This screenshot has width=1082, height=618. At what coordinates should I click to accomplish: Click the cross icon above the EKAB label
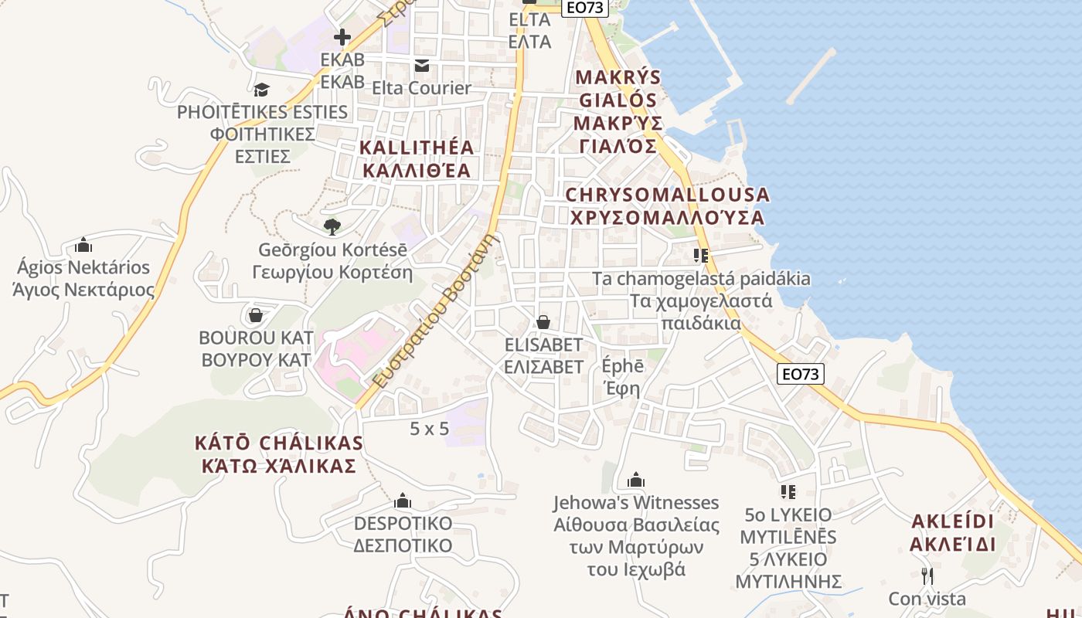tap(342, 36)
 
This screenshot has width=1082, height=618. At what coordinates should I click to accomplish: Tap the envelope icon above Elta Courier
tap(421, 66)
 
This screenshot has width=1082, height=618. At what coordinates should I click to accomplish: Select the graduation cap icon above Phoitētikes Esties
tap(261, 90)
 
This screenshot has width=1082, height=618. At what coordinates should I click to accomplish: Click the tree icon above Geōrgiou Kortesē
tap(332, 226)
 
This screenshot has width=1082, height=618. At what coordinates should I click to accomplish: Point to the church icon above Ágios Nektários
tap(83, 246)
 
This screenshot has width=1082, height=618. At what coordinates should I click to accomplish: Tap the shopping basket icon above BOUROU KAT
tap(256, 315)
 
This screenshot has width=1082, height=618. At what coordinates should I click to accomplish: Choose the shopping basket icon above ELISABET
tap(543, 321)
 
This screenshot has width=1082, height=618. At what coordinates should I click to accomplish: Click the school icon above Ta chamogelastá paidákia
tap(701, 255)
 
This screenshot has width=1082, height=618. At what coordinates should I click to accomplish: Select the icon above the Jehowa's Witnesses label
tap(636, 480)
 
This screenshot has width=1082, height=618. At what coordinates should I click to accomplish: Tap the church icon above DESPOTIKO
tap(403, 501)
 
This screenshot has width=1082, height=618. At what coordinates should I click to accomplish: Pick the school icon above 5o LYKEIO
tap(788, 491)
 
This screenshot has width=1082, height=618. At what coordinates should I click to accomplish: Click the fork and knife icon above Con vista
tap(927, 576)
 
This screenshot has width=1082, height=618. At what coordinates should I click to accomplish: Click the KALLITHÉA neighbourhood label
tap(416, 158)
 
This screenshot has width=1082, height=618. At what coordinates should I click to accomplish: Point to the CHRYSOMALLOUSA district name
tap(667, 206)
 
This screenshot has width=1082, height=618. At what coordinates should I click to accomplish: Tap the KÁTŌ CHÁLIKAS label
tap(279, 454)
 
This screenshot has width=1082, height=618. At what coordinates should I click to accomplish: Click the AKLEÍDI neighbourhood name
tap(953, 532)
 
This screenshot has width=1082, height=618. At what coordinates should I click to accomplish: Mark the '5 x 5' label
tap(429, 428)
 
